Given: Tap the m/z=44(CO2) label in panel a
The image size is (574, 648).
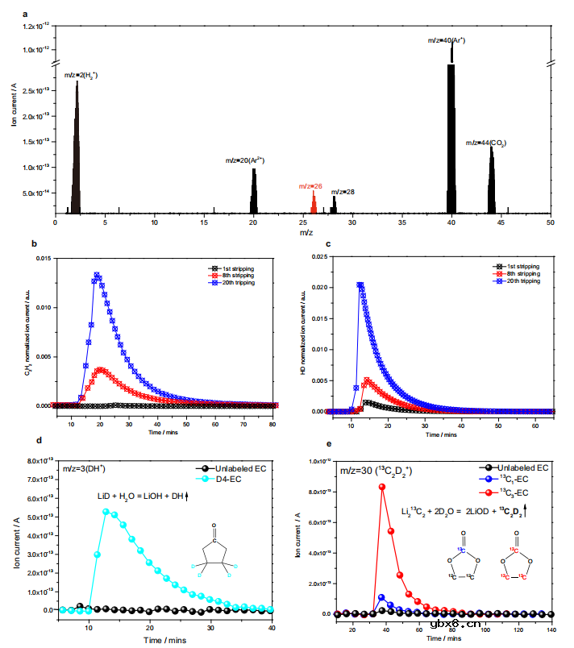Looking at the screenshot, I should (486, 143).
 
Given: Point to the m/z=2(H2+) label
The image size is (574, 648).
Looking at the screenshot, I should (81, 76).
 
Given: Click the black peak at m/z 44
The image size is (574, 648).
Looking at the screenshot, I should (491, 181).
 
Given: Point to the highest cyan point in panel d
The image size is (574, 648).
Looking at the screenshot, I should (106, 511).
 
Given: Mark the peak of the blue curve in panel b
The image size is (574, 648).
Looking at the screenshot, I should (97, 276).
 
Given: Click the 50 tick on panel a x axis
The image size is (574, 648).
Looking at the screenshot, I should (551, 222).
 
